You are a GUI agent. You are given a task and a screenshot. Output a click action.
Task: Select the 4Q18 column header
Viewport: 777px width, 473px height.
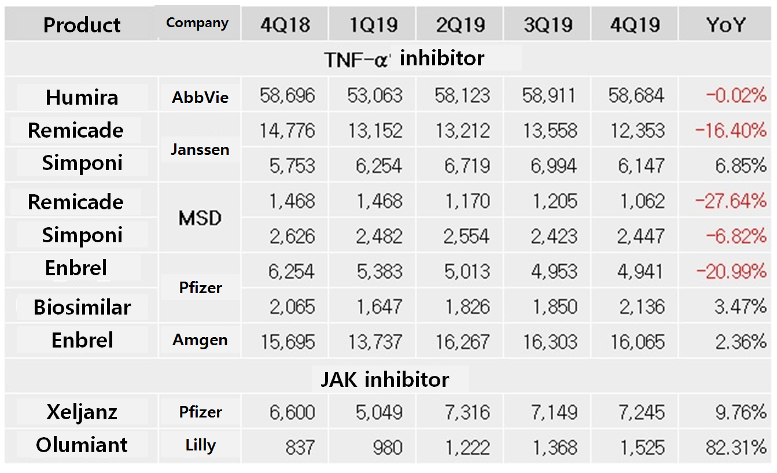286,25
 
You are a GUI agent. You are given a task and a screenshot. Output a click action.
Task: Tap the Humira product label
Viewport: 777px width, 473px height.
82,97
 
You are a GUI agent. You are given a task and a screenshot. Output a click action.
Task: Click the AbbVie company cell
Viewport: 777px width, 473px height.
200,97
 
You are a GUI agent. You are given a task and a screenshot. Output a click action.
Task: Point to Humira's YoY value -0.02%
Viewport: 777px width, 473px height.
736,95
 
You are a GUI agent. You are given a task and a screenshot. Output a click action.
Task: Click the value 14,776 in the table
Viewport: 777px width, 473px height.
288,131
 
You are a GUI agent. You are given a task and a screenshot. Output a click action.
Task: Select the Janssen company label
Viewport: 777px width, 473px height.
200,149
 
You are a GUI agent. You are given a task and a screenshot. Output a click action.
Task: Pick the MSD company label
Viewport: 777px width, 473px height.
200,219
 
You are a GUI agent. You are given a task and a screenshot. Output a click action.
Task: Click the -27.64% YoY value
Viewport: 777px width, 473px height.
731,201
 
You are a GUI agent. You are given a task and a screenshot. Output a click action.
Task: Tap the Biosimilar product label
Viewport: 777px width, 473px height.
82,307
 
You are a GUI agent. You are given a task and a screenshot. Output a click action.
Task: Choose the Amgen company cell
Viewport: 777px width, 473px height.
200,341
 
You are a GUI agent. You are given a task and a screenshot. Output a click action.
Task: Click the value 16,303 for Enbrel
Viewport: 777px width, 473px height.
550,342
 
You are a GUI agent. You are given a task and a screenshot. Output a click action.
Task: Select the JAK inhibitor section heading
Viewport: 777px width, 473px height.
385,379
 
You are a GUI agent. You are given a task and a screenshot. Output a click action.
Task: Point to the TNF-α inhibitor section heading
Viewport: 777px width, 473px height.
404,58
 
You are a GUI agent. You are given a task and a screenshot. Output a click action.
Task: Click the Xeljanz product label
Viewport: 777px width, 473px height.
82,412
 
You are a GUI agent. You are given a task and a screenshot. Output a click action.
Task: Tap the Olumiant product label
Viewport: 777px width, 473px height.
82,445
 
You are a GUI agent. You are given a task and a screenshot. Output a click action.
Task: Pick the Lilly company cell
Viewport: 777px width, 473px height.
200,445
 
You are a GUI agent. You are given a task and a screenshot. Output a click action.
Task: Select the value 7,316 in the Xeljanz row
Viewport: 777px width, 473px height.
462,413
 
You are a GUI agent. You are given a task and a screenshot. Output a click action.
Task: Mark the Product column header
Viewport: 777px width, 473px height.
82,25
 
